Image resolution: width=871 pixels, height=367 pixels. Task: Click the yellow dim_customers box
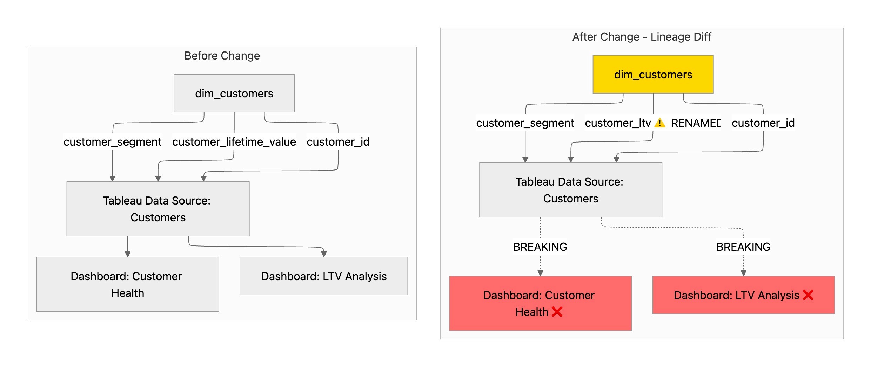653,74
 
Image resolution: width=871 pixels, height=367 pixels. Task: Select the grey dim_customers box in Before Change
234,93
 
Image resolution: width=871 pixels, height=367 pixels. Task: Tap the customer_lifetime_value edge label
234,142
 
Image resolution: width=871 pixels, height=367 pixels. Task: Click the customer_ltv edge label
618,123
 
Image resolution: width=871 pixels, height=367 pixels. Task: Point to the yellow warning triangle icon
660,123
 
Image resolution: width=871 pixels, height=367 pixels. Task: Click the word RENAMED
696,123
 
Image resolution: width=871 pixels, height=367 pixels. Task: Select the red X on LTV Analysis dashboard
808,295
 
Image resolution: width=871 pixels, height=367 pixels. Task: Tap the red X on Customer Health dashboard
557,312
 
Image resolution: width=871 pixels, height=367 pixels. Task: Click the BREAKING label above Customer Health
540,247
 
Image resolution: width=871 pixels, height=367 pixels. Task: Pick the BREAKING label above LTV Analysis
743,247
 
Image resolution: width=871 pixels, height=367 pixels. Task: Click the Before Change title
222,56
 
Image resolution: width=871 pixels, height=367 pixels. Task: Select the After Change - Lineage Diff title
642,37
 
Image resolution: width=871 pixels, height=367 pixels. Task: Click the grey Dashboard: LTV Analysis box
323,276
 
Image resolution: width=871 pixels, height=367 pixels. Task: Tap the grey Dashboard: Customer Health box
127,284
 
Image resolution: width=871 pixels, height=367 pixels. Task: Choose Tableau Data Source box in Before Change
158,209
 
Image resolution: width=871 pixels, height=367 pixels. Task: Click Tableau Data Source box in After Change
570,190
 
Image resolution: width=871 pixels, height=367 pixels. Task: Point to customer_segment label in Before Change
112,142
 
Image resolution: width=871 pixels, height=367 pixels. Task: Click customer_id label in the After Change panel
763,123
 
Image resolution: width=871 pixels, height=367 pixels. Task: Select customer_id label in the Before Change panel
338,142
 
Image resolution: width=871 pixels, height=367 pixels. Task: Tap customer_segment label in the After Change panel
525,123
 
